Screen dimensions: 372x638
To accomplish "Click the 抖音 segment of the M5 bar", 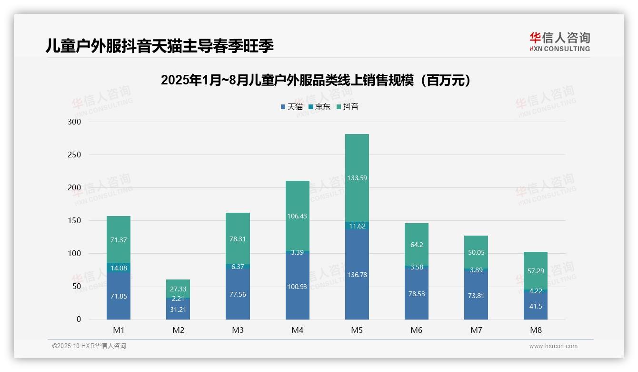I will pos(357,177).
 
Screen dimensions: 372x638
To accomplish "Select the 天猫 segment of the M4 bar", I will pos(297,286).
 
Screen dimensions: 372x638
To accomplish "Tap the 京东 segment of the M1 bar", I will pos(119,268).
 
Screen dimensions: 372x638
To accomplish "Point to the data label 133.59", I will pos(357,178).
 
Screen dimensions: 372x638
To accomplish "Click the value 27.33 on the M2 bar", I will pos(178,289).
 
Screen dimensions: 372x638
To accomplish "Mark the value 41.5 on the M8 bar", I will pos(536,306).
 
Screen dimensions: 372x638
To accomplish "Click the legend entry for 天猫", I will pos(291,107).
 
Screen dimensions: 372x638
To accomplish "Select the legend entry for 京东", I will pos(319,107).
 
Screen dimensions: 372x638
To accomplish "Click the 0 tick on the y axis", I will pos(79,320).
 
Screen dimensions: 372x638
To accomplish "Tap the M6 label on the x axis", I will pos(416,330).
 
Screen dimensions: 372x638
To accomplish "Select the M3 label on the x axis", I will pos(238,330).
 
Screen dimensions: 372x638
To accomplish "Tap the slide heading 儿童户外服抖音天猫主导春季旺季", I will pos(159,46).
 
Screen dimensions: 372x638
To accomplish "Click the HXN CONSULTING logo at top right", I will pos(559,42).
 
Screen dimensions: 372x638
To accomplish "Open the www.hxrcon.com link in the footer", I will pos(553,346).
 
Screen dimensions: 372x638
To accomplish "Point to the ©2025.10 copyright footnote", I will pos(89,346).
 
